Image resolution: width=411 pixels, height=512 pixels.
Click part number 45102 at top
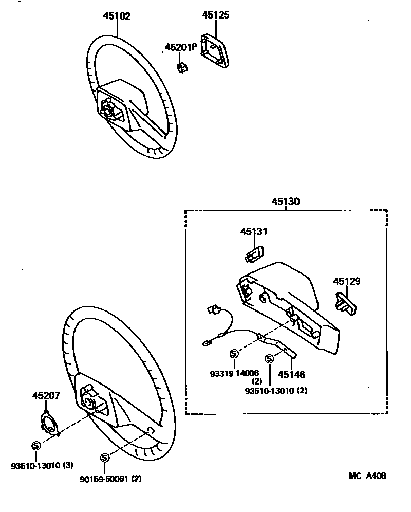[117, 16]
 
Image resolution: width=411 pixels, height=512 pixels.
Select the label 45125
[215, 15]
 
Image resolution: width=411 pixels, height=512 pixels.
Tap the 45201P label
[180, 47]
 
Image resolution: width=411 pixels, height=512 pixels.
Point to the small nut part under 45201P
[181, 67]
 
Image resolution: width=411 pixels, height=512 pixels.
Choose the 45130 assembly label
[286, 202]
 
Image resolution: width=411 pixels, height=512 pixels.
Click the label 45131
[254, 232]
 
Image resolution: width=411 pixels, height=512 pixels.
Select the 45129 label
[347, 281]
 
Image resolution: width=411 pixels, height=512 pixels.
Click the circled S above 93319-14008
[235, 353]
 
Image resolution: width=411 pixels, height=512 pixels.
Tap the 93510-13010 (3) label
[42, 466]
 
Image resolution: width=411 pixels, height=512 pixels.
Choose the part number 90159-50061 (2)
[110, 479]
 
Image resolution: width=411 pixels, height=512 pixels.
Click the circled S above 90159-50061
[105, 457]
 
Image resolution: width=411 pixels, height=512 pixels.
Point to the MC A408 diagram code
[368, 476]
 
